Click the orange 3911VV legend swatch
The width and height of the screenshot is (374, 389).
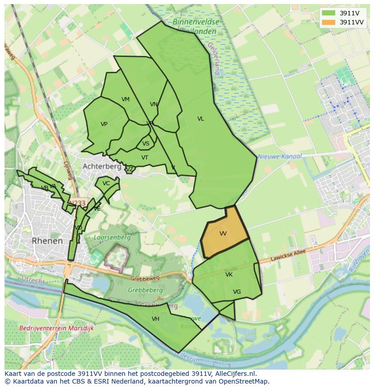point(329,22)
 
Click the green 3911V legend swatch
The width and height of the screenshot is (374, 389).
point(329,13)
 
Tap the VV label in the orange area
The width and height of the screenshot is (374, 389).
point(223,234)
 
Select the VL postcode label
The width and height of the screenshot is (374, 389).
point(201,119)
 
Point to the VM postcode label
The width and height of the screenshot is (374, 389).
point(126,99)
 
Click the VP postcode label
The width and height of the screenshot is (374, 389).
point(104,124)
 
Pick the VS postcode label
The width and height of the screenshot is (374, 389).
point(146,144)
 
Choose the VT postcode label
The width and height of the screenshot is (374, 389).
point(145,158)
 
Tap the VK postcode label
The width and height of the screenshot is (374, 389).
point(229,275)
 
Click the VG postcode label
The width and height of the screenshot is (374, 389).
point(237,292)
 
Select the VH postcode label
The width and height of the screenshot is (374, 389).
point(155,319)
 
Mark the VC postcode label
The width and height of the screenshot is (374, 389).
point(106,183)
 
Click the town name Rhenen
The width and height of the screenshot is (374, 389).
point(47,241)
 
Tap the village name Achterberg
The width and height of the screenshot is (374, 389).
point(102,166)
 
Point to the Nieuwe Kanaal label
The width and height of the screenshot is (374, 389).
point(280,156)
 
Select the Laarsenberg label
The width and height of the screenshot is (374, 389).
point(112,237)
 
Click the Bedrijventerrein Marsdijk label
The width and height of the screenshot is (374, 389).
point(56,328)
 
